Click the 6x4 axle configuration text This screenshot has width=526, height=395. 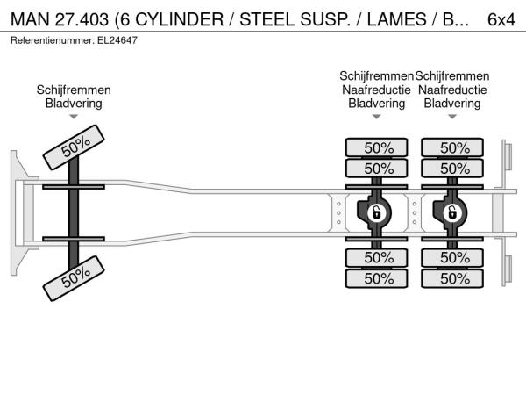501,18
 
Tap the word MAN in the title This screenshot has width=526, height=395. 27,18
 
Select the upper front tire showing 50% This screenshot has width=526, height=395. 75,146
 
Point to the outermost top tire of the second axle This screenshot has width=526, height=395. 378,147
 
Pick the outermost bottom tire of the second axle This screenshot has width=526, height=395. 378,278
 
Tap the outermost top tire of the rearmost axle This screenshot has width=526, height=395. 453,147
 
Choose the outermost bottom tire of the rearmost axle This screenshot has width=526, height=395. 453,278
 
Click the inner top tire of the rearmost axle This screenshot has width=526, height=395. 453,168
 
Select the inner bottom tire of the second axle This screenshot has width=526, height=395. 378,257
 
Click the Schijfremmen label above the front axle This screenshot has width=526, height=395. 74,90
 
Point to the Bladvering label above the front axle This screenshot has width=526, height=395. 74,103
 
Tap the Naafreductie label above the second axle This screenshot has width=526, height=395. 377,90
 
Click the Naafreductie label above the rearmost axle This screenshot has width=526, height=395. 452,90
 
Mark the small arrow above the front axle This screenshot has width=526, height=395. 74,116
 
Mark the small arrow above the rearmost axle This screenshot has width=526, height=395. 452,116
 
